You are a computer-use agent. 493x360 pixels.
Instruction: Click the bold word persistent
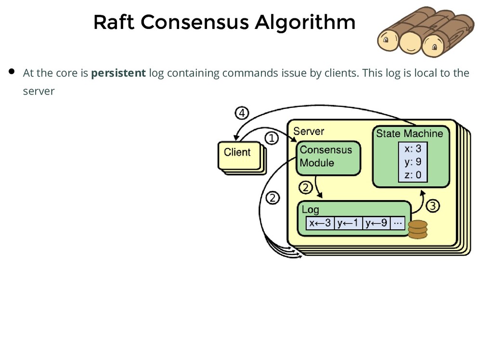[118, 73]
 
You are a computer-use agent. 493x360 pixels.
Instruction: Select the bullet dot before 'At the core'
[13, 72]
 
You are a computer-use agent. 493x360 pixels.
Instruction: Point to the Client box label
[237, 152]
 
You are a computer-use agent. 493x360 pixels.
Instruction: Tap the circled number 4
[242, 113]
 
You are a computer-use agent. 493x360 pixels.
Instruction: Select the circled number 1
[272, 139]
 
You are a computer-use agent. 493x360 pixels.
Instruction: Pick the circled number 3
[433, 206]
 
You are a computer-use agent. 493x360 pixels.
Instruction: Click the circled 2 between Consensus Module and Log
[306, 187]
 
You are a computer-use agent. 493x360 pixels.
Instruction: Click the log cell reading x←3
[320, 223]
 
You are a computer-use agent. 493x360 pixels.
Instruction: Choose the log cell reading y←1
[348, 223]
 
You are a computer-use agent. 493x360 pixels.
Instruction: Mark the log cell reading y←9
[376, 223]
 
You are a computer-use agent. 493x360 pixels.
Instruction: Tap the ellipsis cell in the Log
[397, 223]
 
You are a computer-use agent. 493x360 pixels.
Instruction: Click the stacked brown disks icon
[417, 229]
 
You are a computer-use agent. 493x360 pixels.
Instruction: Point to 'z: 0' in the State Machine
[413, 175]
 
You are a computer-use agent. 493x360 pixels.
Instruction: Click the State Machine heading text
[409, 133]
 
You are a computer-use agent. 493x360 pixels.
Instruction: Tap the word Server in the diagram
[309, 131]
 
